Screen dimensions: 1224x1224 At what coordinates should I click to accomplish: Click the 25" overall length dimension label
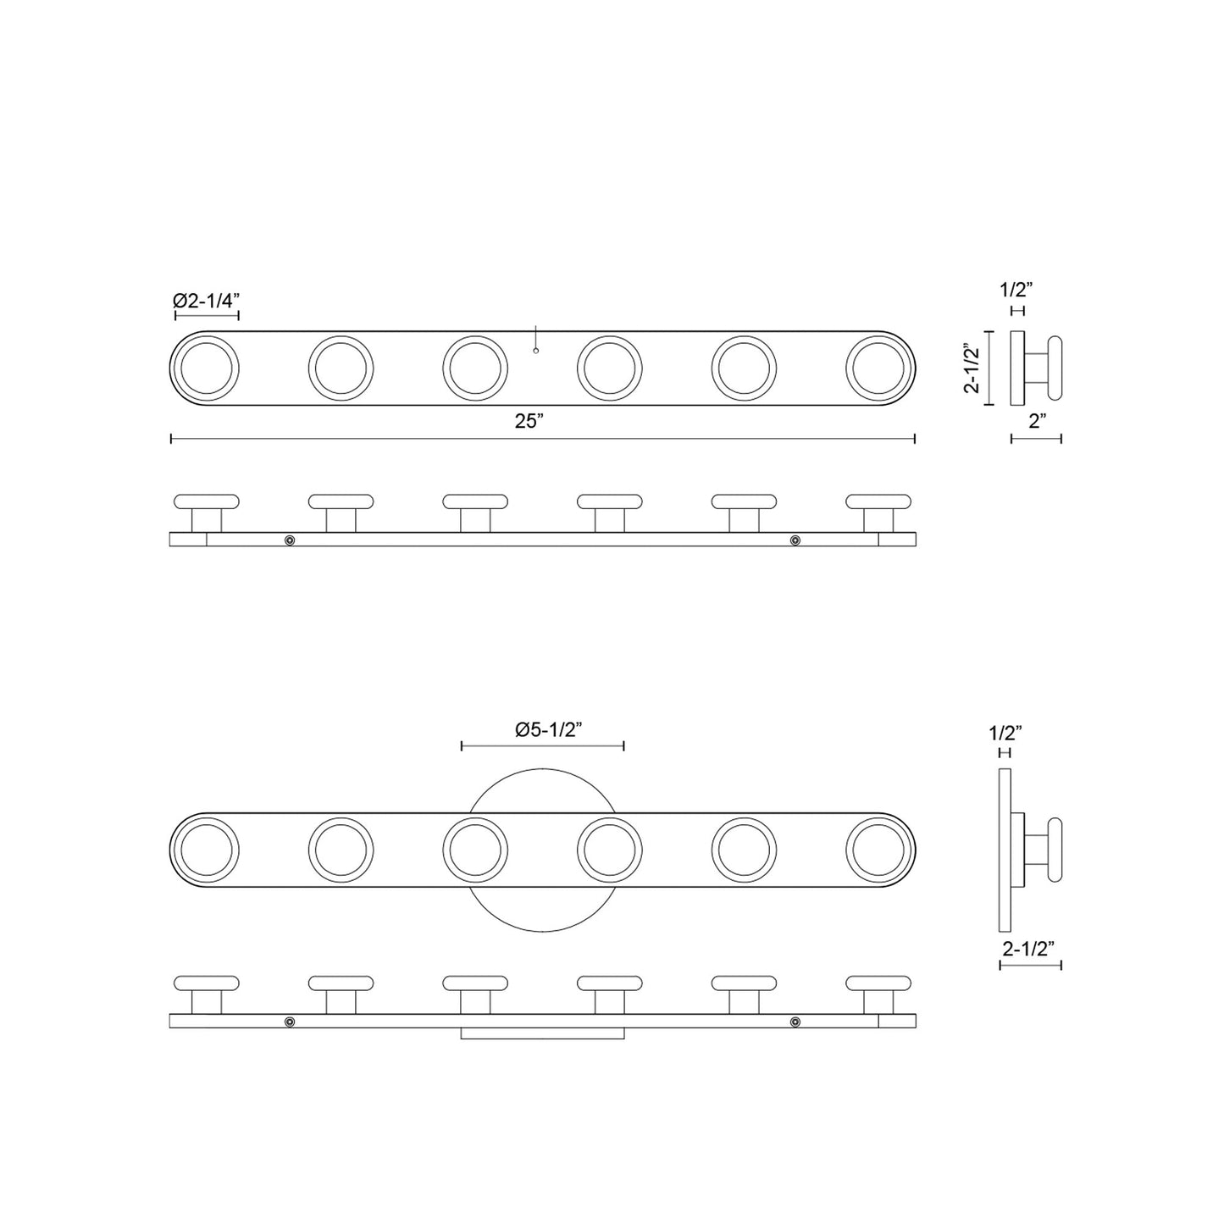tap(529, 422)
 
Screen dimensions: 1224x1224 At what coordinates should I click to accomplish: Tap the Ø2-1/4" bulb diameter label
tap(207, 300)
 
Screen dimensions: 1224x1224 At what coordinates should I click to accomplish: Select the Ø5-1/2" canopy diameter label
tap(542, 730)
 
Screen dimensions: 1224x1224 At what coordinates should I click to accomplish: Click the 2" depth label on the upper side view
tap(1036, 421)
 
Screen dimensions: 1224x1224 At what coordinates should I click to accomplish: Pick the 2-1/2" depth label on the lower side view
tap(1030, 949)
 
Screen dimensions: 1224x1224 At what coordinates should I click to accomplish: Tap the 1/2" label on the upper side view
tap(1016, 290)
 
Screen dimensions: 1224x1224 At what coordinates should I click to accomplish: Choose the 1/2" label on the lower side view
tap(1005, 732)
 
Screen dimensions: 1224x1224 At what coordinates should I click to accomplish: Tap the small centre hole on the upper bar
tap(536, 349)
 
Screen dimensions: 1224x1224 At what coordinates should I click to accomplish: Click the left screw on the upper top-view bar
tap(290, 540)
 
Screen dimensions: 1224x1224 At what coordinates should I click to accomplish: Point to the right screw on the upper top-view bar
tap(795, 540)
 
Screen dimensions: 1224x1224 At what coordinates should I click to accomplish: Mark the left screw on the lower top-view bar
tap(290, 1022)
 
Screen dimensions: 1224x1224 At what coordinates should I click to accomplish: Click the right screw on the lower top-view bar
tap(795, 1022)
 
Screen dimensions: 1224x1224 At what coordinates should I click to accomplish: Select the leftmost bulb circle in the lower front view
tap(205, 850)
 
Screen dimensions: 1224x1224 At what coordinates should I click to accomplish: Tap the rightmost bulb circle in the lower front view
tap(878, 850)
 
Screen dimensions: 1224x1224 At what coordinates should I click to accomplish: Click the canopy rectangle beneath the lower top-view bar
tap(542, 1033)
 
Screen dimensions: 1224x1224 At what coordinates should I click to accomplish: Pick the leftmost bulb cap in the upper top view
tap(207, 501)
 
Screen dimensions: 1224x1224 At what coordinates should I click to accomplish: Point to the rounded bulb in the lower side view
tap(1055, 850)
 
